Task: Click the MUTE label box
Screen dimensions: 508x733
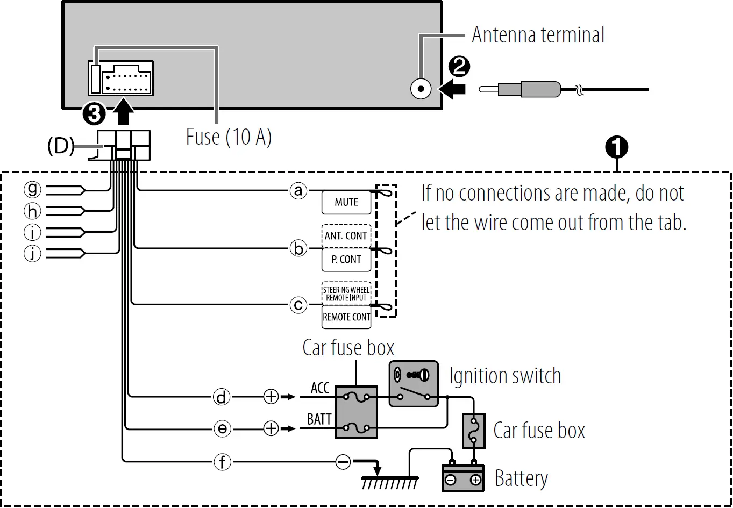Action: click(346, 203)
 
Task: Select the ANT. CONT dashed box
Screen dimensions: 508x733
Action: click(346, 235)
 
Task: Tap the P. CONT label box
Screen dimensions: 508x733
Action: click(346, 260)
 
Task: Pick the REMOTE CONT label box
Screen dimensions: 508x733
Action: click(346, 317)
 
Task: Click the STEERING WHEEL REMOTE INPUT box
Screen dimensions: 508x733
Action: click(346, 294)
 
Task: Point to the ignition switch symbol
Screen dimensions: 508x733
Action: click(413, 383)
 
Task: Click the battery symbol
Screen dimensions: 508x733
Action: click(463, 477)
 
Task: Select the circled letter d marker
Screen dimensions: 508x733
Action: click(222, 397)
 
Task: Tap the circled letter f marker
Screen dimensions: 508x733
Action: click(222, 462)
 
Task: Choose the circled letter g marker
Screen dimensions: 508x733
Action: click(33, 189)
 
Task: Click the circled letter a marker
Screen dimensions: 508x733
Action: click(298, 190)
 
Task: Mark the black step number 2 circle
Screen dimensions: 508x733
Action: click(459, 67)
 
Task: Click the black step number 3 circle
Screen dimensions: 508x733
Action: click(94, 114)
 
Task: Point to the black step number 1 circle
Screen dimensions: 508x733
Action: click(617, 147)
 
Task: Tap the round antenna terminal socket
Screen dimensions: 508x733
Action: click(421, 89)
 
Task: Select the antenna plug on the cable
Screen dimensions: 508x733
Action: click(530, 89)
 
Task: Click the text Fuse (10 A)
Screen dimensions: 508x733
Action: click(229, 137)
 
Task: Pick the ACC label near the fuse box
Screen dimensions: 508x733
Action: click(320, 388)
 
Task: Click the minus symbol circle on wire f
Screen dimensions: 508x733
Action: click(343, 462)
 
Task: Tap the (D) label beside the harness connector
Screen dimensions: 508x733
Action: click(61, 146)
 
